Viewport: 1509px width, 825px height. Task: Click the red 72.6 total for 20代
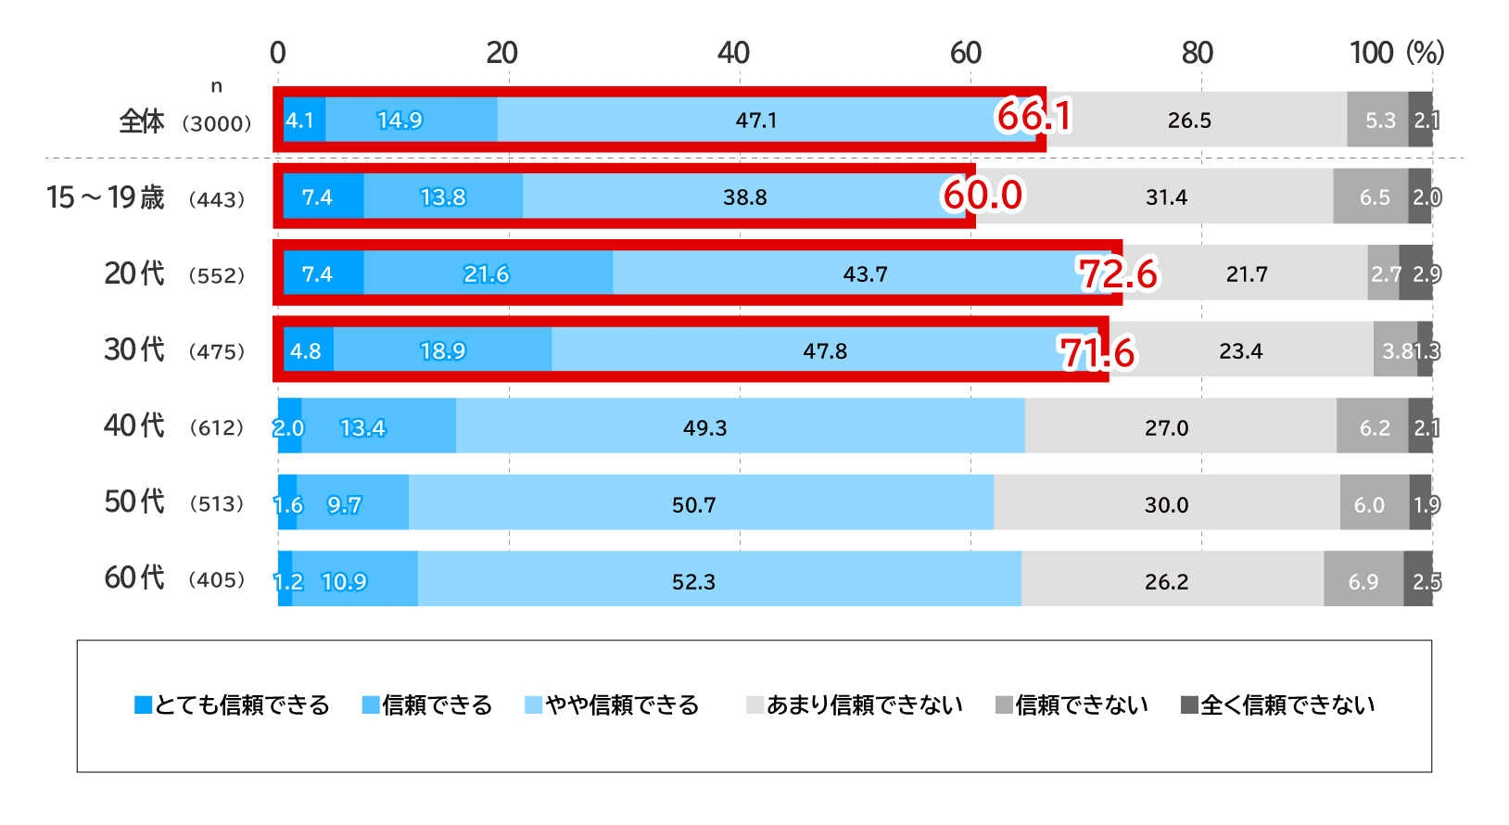coord(1118,274)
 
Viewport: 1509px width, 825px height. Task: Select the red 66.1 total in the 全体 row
coord(1034,117)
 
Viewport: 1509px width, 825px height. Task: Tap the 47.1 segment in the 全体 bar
coord(756,121)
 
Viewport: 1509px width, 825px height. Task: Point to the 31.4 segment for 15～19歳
coord(1166,197)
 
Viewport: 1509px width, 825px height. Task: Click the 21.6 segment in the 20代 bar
coord(487,274)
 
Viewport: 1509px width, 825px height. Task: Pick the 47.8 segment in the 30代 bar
coord(825,351)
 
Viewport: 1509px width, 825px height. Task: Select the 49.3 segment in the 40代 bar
coord(704,428)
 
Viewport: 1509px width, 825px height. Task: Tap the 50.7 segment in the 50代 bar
coord(693,505)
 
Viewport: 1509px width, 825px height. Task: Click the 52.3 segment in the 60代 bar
coord(693,582)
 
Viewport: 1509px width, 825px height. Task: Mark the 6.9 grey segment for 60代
coord(1363,582)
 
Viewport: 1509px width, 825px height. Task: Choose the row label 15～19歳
coord(106,197)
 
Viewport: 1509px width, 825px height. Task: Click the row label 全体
coord(142,121)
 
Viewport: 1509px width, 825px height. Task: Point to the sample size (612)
coord(217,428)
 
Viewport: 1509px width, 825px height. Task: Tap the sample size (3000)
coord(217,123)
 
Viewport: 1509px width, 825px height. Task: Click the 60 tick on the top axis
coord(966,53)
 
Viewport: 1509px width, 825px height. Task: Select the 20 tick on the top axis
coord(502,53)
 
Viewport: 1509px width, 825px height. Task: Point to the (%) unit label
coord(1425,52)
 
